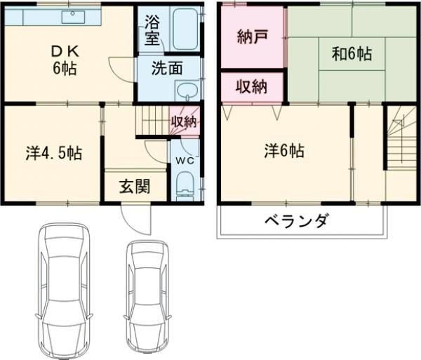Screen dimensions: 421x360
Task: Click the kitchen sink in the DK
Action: click(x=73, y=17)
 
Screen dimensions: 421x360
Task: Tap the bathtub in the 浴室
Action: click(x=185, y=29)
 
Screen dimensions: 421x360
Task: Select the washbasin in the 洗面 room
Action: click(x=187, y=91)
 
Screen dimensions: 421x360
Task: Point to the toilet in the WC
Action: click(x=185, y=186)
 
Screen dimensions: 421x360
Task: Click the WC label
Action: click(x=185, y=161)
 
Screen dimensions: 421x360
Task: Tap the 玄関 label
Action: click(x=135, y=186)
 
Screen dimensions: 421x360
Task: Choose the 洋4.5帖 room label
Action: click(x=54, y=153)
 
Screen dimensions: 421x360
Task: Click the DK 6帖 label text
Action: click(x=65, y=60)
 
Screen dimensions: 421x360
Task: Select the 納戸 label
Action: click(x=253, y=36)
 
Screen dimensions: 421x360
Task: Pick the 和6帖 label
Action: click(x=352, y=54)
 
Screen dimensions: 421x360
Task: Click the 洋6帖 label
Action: click(x=284, y=151)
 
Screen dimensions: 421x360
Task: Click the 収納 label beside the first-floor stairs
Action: click(x=184, y=122)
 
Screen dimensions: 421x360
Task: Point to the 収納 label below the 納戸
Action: click(x=252, y=87)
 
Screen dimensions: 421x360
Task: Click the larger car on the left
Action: click(x=64, y=291)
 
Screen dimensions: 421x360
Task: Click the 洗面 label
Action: click(x=167, y=68)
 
